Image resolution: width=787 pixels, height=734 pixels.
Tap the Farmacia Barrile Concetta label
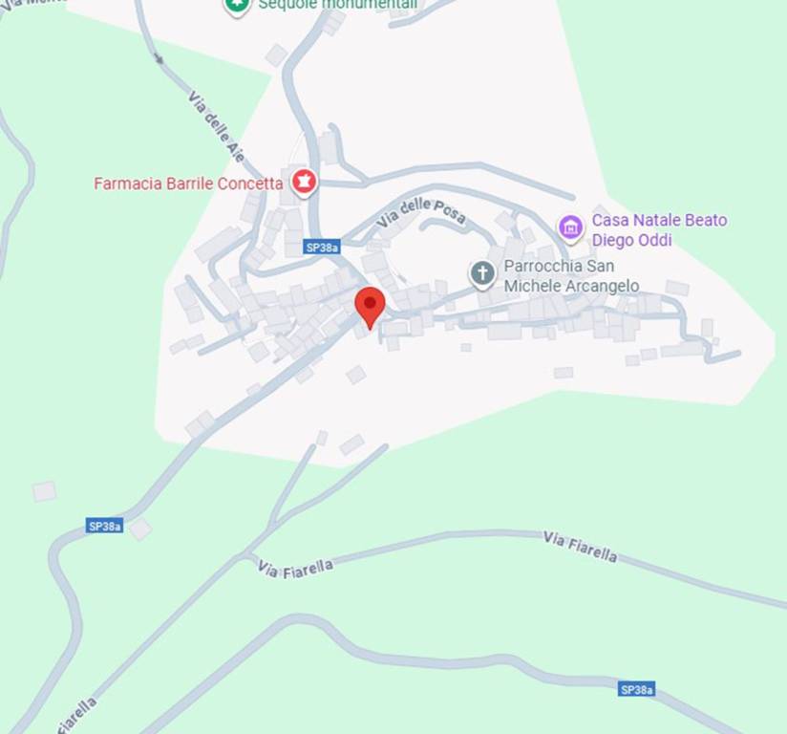click(188, 183)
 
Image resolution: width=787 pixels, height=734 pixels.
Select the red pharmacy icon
click(304, 181)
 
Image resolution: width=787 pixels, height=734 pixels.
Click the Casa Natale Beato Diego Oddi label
click(659, 230)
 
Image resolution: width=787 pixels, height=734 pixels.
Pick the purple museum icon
click(571, 227)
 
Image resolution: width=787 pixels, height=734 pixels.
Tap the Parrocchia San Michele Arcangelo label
click(571, 276)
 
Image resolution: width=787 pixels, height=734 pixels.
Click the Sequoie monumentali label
click(337, 5)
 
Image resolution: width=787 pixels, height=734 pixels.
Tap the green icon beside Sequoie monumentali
click(237, 6)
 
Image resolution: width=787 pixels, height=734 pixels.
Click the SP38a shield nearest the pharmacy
click(322, 247)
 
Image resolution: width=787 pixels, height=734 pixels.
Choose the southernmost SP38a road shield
click(637, 689)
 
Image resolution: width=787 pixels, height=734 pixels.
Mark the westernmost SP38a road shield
click(104, 526)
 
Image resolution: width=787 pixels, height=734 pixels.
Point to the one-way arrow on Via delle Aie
click(159, 58)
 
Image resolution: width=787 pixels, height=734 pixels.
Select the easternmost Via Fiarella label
click(580, 548)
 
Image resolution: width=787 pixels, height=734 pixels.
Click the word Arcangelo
click(599, 286)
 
